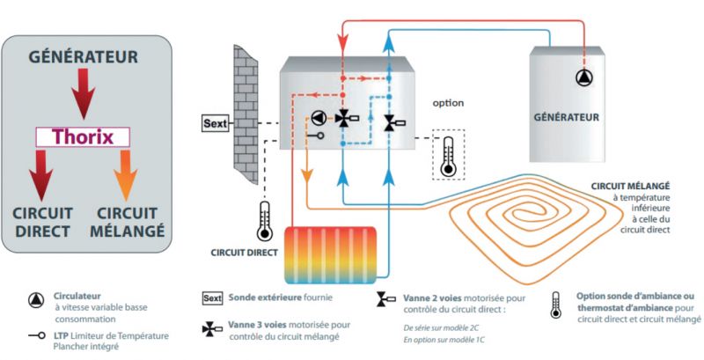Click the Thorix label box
click(x=83, y=137)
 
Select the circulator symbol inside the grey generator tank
click(x=584, y=77)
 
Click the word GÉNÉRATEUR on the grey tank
click(x=568, y=116)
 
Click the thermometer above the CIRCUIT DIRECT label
click(x=263, y=222)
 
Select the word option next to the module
click(x=447, y=103)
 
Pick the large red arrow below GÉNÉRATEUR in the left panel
click(x=84, y=93)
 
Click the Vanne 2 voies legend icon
click(x=385, y=300)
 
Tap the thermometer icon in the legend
click(x=556, y=304)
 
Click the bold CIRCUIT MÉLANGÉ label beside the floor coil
click(x=632, y=187)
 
